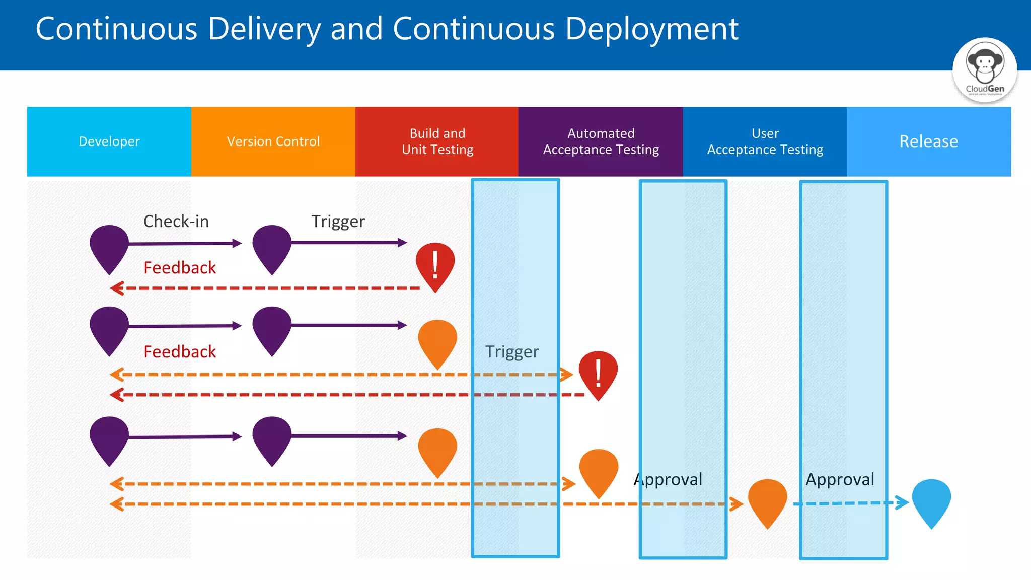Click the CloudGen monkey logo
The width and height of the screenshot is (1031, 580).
(x=984, y=69)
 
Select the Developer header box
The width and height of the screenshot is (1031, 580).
(x=109, y=141)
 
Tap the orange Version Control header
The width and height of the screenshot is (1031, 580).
(x=273, y=141)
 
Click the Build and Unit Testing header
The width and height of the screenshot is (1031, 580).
(x=437, y=141)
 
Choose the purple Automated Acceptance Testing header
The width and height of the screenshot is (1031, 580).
(x=601, y=141)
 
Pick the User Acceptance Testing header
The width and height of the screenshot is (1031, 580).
(x=765, y=141)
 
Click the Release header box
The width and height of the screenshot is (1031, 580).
(x=928, y=141)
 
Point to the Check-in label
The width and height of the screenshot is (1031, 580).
(x=176, y=222)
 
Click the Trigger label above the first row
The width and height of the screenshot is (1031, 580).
(x=338, y=222)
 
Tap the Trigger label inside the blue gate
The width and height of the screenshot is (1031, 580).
(x=511, y=351)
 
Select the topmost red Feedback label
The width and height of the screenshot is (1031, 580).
(x=180, y=268)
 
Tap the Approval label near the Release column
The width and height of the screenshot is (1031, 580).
(x=840, y=479)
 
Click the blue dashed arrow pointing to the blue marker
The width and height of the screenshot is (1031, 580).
(x=851, y=503)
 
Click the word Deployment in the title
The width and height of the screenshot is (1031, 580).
(x=651, y=29)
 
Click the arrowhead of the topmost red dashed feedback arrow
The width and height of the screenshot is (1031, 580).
(x=117, y=288)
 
